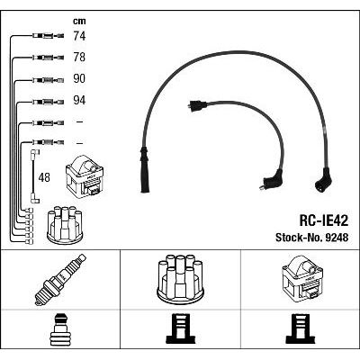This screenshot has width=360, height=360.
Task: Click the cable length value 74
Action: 79,36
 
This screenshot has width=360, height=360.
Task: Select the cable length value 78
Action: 79,57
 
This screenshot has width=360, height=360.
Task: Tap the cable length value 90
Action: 79,78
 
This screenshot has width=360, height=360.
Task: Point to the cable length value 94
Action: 79,100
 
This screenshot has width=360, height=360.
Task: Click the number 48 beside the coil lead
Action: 44,177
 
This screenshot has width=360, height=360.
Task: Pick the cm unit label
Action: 79,21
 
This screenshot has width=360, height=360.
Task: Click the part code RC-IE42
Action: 323,221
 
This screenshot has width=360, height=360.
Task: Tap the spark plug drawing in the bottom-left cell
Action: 60,280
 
